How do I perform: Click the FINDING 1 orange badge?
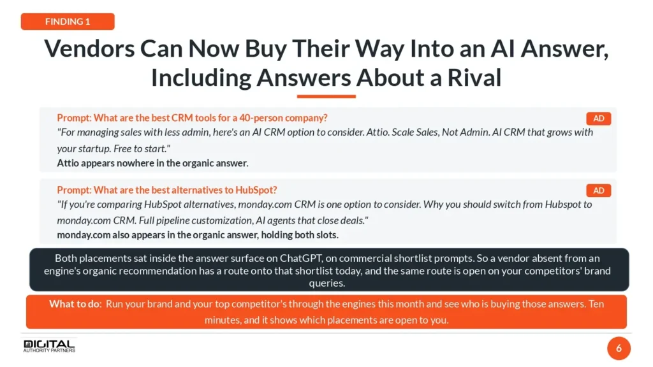tap(68, 22)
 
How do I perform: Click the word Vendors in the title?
tap(89, 48)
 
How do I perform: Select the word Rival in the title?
tap(474, 77)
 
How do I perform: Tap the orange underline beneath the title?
tap(326, 97)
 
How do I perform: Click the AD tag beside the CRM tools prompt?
tap(598, 119)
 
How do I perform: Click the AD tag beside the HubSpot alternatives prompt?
tap(598, 191)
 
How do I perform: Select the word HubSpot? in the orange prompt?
tap(256, 190)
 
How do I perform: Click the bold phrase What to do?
tap(75, 304)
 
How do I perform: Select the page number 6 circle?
tap(619, 349)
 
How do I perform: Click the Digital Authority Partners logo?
tap(49, 346)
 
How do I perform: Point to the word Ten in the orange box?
tap(596, 304)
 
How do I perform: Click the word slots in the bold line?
tap(326, 235)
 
